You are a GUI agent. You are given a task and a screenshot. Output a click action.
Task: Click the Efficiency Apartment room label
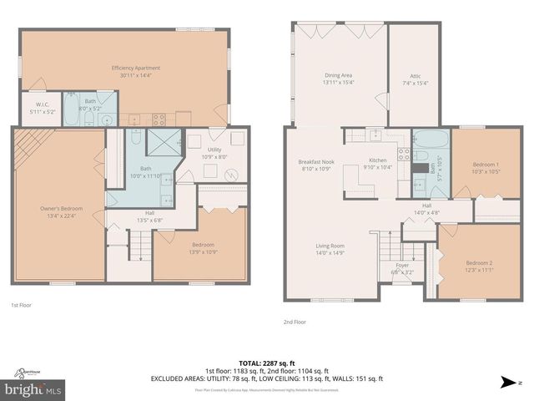pyautogui.click(x=135, y=68)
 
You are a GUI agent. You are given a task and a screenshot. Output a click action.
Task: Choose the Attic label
pyautogui.click(x=415, y=76)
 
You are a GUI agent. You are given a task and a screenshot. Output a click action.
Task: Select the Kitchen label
pyautogui.click(x=378, y=161)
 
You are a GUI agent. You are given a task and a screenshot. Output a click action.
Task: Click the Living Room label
pyautogui.click(x=331, y=246)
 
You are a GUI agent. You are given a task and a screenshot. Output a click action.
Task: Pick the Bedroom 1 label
pyautogui.click(x=486, y=165)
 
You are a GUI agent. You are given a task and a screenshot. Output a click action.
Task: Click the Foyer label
pyautogui.click(x=402, y=266)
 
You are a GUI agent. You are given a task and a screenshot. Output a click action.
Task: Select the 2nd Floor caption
pyautogui.click(x=295, y=322)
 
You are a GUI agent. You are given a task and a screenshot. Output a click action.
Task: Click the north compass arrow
pyautogui.click(x=506, y=383)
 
